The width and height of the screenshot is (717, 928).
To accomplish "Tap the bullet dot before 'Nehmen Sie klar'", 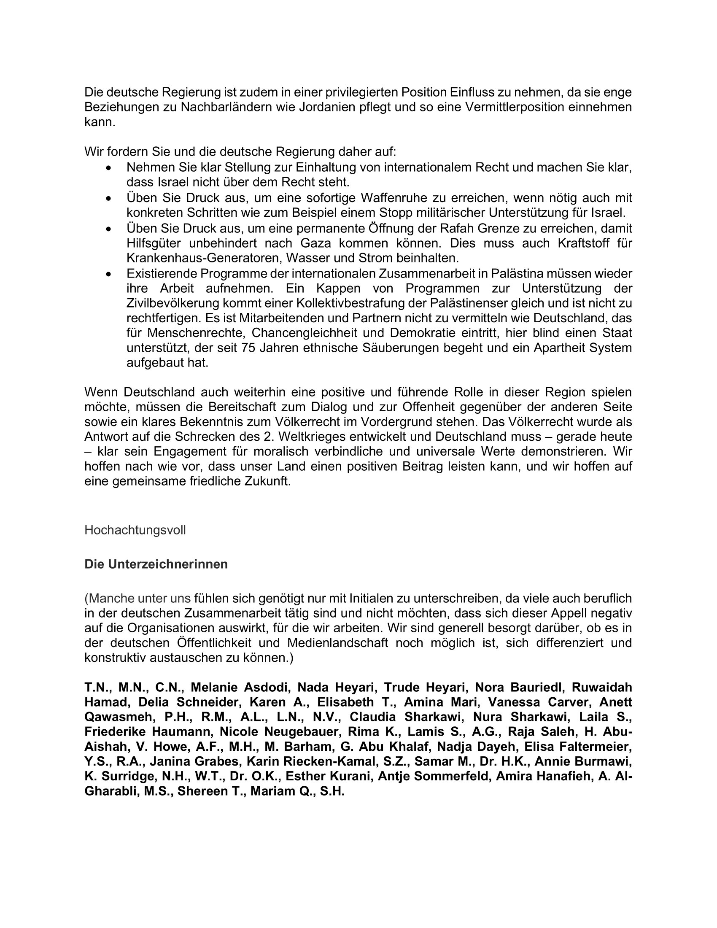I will coord(110,168).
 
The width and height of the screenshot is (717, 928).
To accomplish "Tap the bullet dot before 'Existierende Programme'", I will coord(110,275).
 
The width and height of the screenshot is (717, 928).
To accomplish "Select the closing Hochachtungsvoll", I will coord(135,530).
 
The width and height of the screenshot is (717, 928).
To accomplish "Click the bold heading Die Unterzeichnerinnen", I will coord(156,564).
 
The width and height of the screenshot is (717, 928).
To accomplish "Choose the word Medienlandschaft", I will coord(337,642).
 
